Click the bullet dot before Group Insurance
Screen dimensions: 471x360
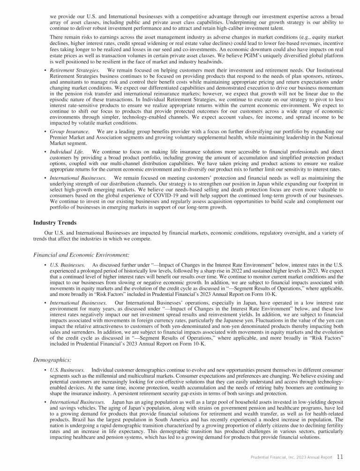tap(44, 133)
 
